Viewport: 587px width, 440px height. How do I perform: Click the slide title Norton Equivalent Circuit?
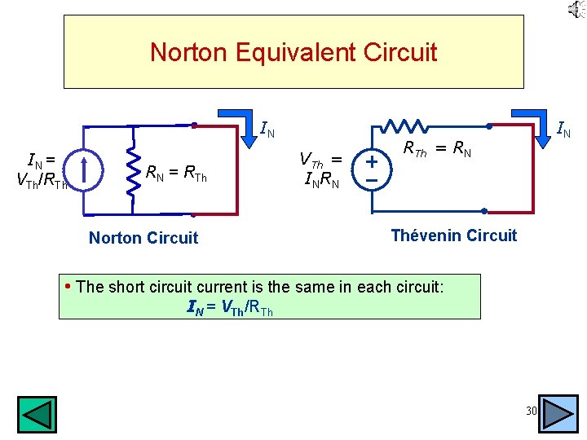293,53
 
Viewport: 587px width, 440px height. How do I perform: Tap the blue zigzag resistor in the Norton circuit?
130,171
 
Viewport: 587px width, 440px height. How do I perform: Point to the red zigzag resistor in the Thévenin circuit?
406,126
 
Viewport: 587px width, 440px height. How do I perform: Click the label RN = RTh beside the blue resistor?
182,172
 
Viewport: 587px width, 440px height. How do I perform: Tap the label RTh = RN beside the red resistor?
438,148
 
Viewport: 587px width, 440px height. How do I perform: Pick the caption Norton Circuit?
143,238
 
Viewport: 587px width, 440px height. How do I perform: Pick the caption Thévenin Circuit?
453,235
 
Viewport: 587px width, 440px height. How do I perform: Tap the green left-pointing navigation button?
38,414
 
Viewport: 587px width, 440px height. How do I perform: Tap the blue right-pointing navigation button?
558,413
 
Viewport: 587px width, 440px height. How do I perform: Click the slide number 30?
531,411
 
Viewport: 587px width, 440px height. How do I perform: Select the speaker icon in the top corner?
576,10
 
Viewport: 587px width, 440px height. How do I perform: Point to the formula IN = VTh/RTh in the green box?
230,307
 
